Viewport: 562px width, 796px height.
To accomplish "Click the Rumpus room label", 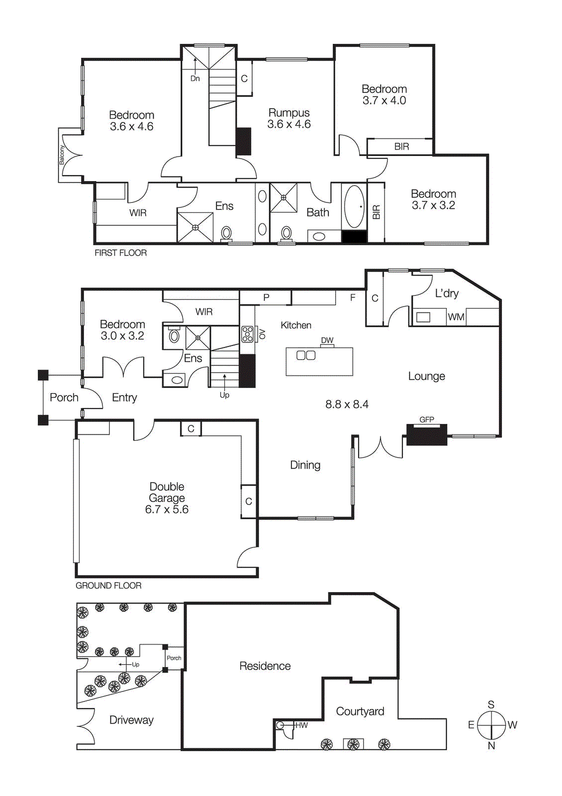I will click(x=289, y=113).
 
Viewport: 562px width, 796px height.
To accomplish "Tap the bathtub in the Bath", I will click(x=354, y=206).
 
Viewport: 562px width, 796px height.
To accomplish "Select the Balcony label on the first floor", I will click(x=62, y=155).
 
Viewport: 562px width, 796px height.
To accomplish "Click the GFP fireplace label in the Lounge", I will click(x=427, y=420).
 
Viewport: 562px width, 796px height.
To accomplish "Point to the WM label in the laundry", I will click(x=456, y=317).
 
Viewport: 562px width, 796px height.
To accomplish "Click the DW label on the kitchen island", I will click(x=327, y=341).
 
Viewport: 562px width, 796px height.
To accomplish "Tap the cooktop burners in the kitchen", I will click(x=247, y=334).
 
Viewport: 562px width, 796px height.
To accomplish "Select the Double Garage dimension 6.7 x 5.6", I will click(x=167, y=509).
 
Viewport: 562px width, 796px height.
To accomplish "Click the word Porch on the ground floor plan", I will click(x=64, y=398).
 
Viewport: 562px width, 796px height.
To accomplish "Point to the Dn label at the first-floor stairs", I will click(x=195, y=79).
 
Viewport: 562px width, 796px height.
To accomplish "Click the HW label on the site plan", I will click(x=301, y=725).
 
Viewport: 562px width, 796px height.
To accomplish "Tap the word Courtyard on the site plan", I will click(x=360, y=711).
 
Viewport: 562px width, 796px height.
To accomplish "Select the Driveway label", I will click(x=131, y=720).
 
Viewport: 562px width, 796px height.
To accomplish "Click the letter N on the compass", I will click(x=491, y=746).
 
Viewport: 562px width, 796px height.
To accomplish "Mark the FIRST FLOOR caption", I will click(x=121, y=253).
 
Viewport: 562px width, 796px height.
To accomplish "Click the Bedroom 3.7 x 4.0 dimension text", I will click(x=384, y=100).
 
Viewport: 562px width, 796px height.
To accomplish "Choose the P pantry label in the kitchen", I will click(x=267, y=298).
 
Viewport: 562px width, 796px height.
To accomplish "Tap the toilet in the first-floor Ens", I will click(x=226, y=233).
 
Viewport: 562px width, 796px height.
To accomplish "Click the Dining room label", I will click(x=305, y=465).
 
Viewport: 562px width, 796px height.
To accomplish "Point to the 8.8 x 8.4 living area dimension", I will click(x=347, y=404).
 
